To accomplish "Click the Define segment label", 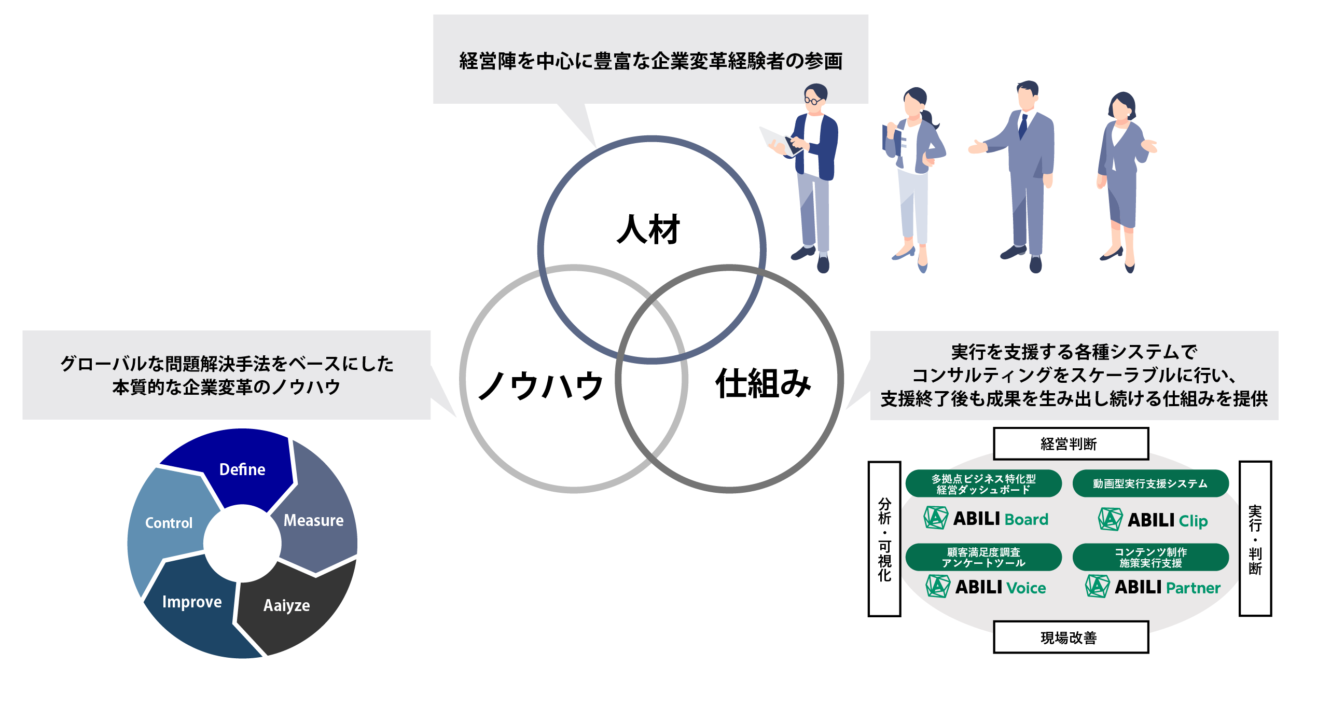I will point(242,469).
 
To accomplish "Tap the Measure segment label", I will point(313,520).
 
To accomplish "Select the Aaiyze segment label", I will point(286,605).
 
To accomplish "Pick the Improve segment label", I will point(192,602).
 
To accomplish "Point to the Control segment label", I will point(169,523).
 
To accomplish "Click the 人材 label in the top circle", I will point(648,229).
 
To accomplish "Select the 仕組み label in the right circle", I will point(763,384).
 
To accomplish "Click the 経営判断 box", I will point(1070,444).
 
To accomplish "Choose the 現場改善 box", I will point(1070,637).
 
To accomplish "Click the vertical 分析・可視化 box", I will point(884,539).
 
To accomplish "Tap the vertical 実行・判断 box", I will point(1255,539).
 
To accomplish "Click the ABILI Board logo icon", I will point(936,518).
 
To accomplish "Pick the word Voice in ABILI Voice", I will point(1025,588).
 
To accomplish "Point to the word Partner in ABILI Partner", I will point(1193,588).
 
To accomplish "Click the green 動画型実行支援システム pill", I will point(1150,483).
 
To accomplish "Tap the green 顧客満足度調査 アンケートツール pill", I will point(983,557).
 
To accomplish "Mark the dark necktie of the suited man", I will point(1023,126).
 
